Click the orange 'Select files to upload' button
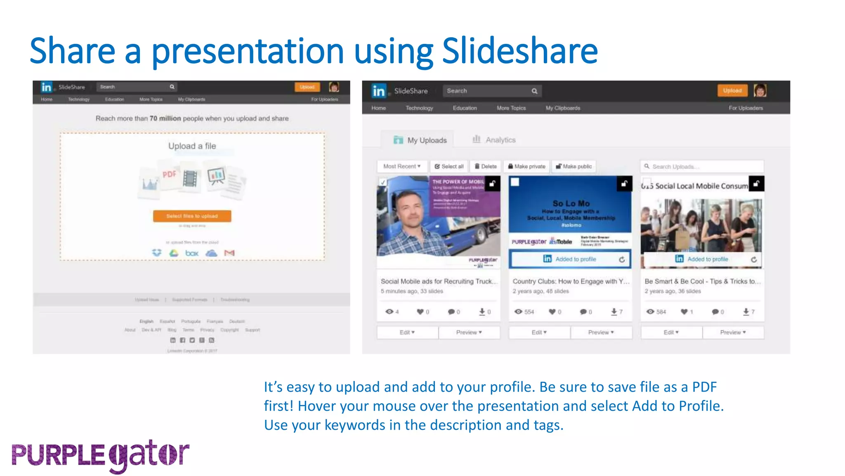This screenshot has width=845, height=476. pyautogui.click(x=192, y=216)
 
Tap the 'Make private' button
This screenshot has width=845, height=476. pyautogui.click(x=526, y=167)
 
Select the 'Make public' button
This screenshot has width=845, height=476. pyautogui.click(x=574, y=167)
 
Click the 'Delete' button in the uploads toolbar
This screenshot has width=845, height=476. pyautogui.click(x=486, y=167)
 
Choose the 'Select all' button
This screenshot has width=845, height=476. pyautogui.click(x=449, y=167)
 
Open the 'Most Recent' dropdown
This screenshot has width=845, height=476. pyautogui.click(x=402, y=167)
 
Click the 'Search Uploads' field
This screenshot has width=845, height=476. pyautogui.click(x=702, y=167)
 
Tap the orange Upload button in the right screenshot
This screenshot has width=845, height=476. pyautogui.click(x=732, y=90)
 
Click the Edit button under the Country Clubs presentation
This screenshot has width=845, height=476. pyautogui.click(x=539, y=333)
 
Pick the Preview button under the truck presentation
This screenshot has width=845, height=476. pyautogui.click(x=469, y=333)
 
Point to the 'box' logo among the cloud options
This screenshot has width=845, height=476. pyautogui.click(x=192, y=253)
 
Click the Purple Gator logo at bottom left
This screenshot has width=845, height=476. pyautogui.click(x=100, y=455)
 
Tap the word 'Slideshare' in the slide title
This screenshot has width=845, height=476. pyautogui.click(x=520, y=51)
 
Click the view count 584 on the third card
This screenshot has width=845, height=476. pyautogui.click(x=661, y=312)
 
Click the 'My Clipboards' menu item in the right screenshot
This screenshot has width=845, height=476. pyautogui.click(x=563, y=108)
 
